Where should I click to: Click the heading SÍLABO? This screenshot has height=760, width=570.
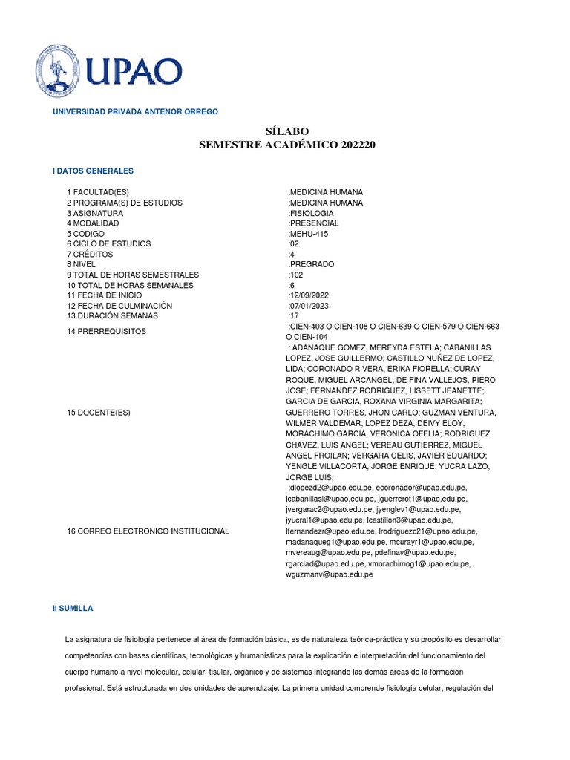pos(286,131)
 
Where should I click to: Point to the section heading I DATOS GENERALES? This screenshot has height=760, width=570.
pos(93,171)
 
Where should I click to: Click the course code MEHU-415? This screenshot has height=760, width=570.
pos(308,234)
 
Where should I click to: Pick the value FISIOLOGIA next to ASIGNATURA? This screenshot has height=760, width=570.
pos(312,213)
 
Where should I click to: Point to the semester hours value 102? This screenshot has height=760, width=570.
pos(297,275)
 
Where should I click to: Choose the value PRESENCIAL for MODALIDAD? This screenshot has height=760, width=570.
pos(314,223)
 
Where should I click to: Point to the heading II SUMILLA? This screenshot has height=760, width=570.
pos(73,608)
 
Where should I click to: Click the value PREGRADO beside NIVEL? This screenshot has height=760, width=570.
pos(312,264)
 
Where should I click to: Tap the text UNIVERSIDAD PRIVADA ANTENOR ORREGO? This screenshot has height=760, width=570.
pos(134,111)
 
